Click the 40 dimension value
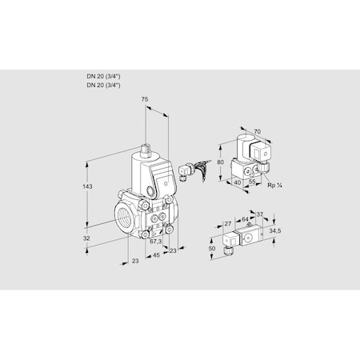238,183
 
